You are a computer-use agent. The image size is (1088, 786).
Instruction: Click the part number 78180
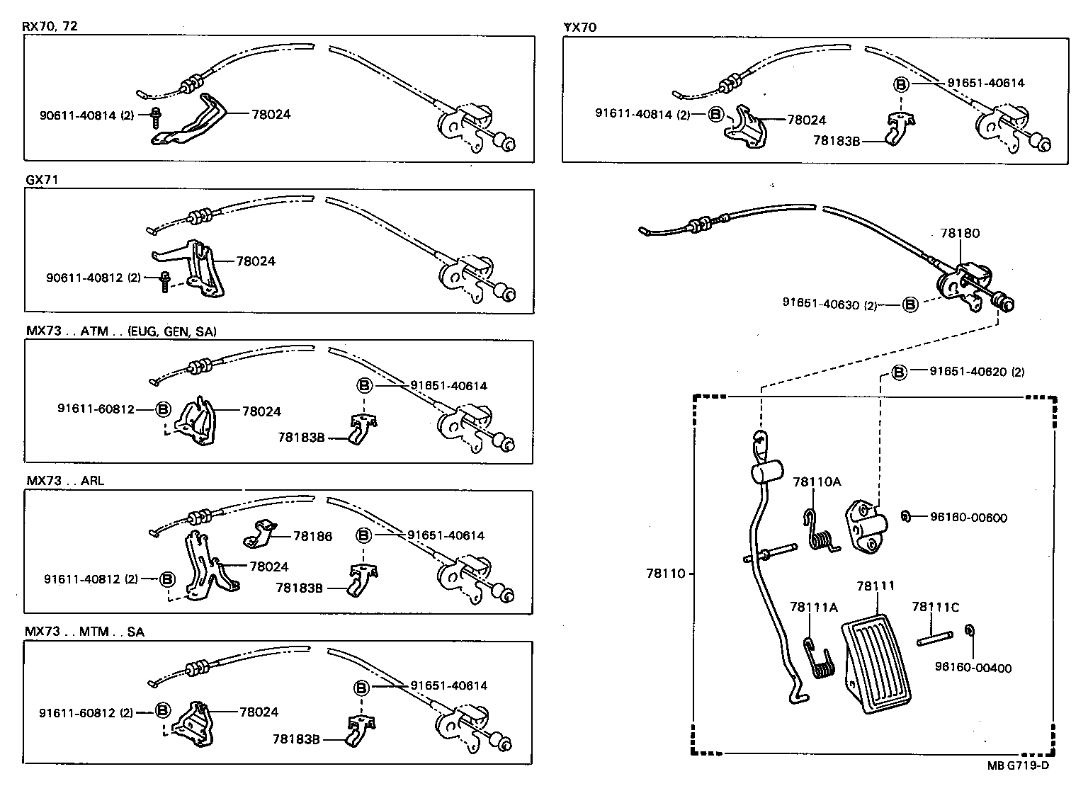click(x=960, y=233)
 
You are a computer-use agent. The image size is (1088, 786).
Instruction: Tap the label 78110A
click(x=817, y=482)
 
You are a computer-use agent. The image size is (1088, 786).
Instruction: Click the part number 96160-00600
click(x=968, y=518)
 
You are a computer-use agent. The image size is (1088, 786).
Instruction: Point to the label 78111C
click(x=935, y=607)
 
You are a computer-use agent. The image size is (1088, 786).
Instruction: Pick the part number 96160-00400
click(x=973, y=668)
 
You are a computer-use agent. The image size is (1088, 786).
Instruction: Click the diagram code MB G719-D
click(x=1018, y=765)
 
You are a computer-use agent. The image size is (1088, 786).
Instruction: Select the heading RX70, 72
click(x=50, y=27)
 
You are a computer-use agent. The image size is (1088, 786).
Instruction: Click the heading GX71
click(x=41, y=180)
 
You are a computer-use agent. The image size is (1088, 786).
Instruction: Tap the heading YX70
click(x=579, y=28)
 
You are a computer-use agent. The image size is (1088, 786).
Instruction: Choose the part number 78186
click(x=312, y=537)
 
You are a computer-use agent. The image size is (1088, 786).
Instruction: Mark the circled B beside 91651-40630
click(x=910, y=304)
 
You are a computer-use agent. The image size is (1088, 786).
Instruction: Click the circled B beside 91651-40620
click(x=899, y=372)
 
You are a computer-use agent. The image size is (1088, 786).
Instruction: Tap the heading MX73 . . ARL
click(x=65, y=481)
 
